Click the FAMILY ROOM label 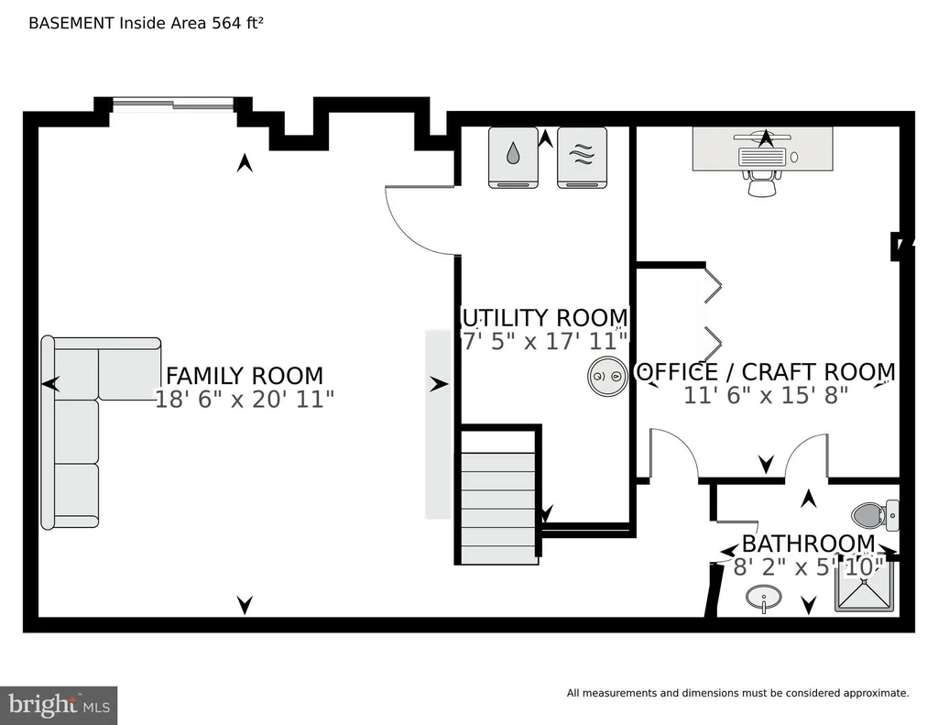(244, 376)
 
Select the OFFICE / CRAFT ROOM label (765, 372)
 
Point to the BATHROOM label (808, 544)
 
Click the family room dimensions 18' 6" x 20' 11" (244, 399)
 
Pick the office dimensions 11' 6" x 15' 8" (766, 395)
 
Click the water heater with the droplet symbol (513, 158)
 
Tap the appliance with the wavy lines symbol (582, 158)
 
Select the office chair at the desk (762, 183)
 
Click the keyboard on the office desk (761, 157)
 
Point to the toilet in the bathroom (875, 515)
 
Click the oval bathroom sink (763, 598)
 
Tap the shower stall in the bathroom (867, 587)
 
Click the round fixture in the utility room (607, 376)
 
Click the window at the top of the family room (173, 104)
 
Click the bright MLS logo (59, 705)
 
